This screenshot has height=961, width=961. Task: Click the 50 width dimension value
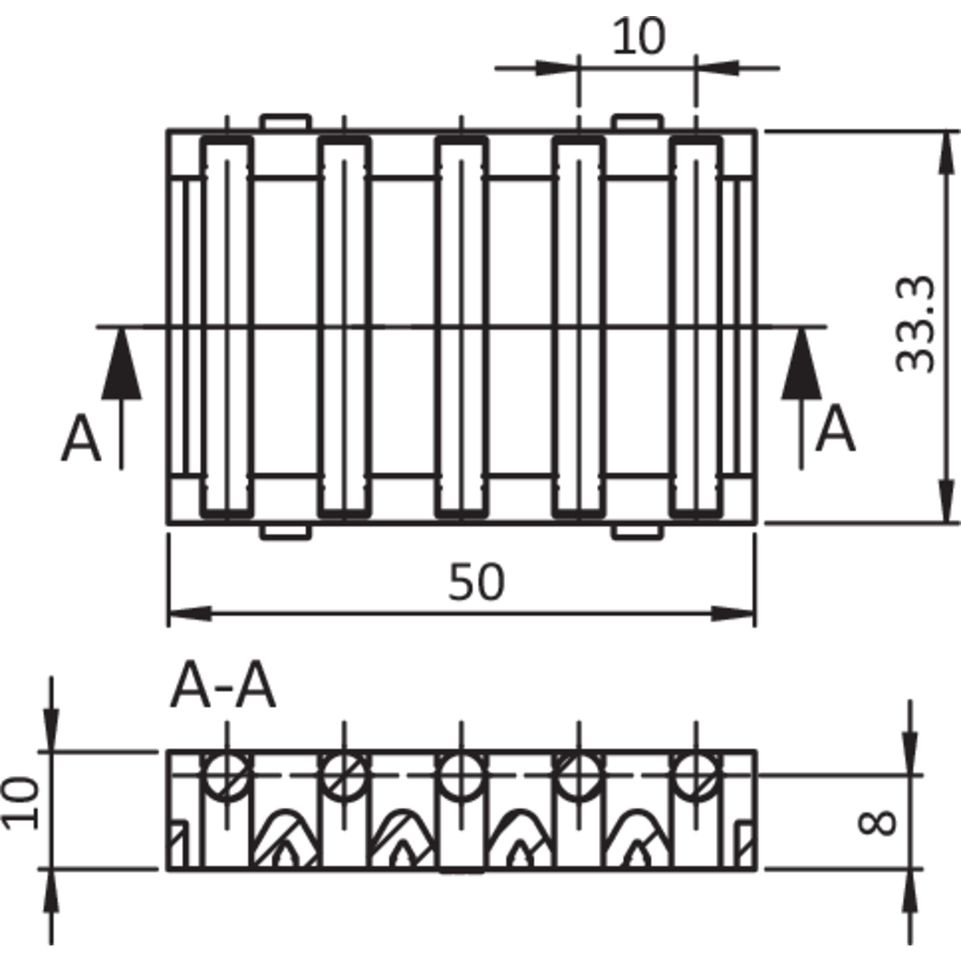476,582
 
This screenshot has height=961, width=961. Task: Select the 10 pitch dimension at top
639,36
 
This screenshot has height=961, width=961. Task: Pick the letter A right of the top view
835,429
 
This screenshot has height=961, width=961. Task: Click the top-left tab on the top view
285,122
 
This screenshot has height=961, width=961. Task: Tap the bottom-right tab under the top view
638,533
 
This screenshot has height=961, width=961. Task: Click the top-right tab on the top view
638,122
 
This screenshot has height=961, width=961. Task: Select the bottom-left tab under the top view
285,533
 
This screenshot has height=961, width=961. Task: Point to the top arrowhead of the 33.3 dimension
945,152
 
